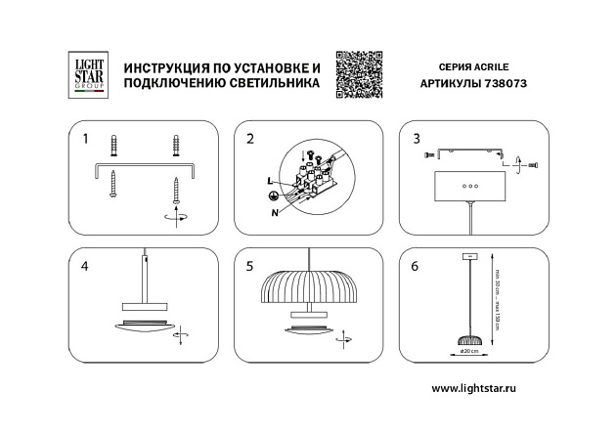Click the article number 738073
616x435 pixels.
pos(505,84)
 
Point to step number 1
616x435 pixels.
pos(86,139)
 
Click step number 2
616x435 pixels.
pos(250,139)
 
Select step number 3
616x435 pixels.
pos(417,139)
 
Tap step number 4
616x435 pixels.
pos(86,265)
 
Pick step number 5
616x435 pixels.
pos(250,265)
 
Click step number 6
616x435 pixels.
pos(417,265)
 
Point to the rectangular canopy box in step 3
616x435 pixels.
pos(470,184)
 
